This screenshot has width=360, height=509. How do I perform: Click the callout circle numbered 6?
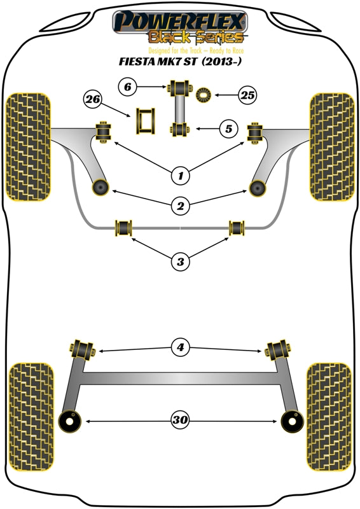[x=127, y=86]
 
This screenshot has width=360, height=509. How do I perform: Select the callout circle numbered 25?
[x=247, y=96]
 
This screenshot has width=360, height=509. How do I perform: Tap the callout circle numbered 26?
[x=93, y=99]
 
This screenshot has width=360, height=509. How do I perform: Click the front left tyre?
[x=27, y=146]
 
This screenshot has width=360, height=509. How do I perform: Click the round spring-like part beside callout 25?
[x=204, y=95]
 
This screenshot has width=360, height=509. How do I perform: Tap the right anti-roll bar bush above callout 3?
[x=237, y=227]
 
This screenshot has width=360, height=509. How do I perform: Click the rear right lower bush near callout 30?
[x=290, y=420]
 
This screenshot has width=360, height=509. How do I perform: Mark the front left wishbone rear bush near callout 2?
[x=100, y=187]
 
